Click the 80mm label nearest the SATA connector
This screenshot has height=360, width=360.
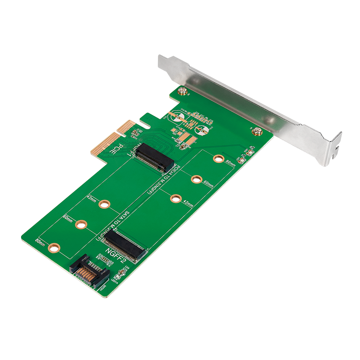tap(40, 241)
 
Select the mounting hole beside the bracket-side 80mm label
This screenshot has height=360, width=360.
tap(219, 158)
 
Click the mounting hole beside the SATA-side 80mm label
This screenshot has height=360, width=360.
tap(54, 247)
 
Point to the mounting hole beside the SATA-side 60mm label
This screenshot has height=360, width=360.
tap(81, 224)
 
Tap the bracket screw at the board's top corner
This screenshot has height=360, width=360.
tap(182, 92)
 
